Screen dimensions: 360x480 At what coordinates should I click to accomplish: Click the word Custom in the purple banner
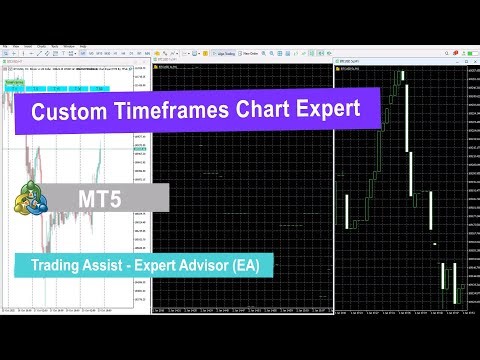tap(68, 112)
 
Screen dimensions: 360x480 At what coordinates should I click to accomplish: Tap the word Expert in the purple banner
tap(324, 112)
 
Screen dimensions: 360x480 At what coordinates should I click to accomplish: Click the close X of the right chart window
tap(471, 67)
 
